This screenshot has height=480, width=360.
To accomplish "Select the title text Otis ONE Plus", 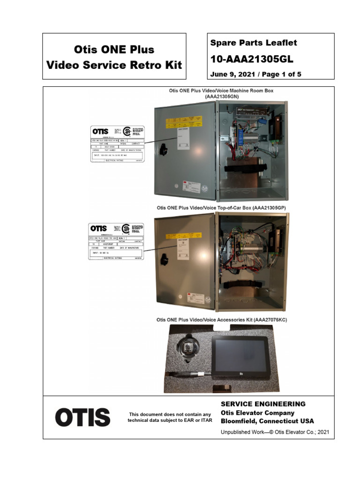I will coord(114,49).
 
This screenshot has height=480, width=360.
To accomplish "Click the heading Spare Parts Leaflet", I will coord(253,43).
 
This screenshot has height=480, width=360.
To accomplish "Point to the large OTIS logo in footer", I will coord(82,417).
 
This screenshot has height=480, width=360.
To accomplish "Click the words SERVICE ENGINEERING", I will coord(263,404).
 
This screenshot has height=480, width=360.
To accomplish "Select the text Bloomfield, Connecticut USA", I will coord(267,421).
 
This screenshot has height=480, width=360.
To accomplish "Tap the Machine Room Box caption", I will coord(221,93).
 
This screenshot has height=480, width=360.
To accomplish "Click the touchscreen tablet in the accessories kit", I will coord(240,356).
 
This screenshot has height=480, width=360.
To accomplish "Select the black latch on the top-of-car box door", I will coord(165,258).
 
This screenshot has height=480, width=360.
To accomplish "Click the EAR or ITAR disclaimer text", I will coord(170,417).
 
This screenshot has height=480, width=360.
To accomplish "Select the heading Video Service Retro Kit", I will coord(114,65).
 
